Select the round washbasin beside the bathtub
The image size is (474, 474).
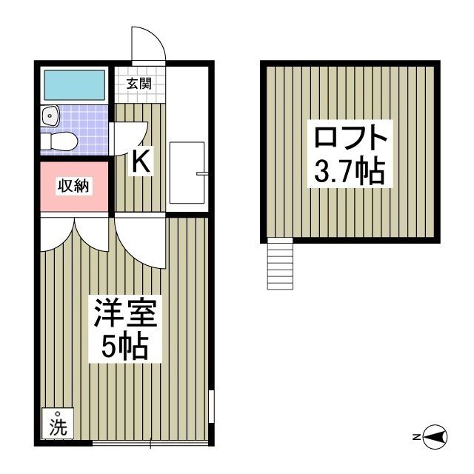coord(50,116)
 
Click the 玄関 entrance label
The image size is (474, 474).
coord(138,83)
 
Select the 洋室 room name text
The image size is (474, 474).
coord(124,315)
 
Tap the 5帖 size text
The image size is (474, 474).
coord(124,346)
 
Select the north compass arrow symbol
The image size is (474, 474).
coord(435,437)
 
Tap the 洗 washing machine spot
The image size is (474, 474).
coord(57,427)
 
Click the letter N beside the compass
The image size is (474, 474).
coord(417,437)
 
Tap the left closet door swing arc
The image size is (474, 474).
coord(58,236)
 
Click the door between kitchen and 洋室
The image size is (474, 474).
coord(141,241)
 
